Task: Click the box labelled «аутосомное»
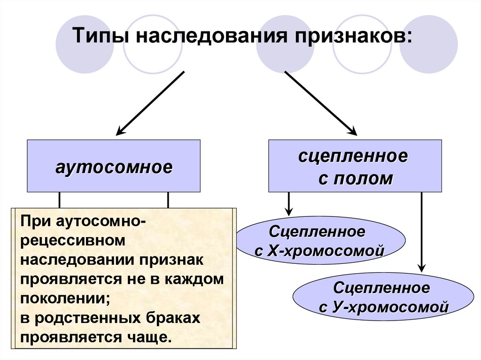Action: [114, 166]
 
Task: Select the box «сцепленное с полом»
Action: [355, 166]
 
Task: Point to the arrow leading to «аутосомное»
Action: [151, 102]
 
